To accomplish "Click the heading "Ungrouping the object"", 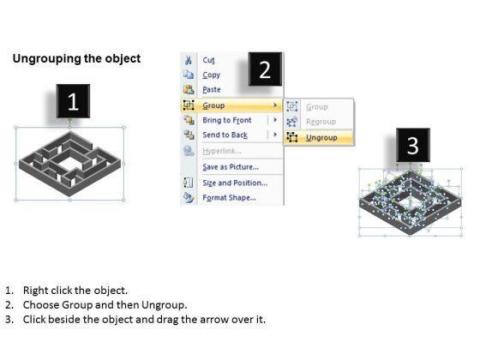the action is coord(76,58).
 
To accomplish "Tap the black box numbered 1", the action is coord(73,101).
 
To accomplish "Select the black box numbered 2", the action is coord(265,69).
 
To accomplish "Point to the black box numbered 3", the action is coord(413,145).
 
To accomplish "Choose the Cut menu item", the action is coord(208,60).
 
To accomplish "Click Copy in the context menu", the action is coord(211,75).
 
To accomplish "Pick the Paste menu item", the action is coord(212,89).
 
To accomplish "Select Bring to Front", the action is coord(227,120).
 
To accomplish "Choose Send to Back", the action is coord(225,135).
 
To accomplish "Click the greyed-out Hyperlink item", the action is coord(222,151).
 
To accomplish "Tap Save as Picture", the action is coord(231,167).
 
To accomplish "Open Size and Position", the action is coord(235,183).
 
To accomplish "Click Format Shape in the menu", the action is coord(230,197).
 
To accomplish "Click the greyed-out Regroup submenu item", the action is coord(321,122).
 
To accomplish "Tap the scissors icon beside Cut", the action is coord(188,60).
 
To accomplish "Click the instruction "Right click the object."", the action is coord(75,291).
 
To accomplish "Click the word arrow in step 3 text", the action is coord(213,320).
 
